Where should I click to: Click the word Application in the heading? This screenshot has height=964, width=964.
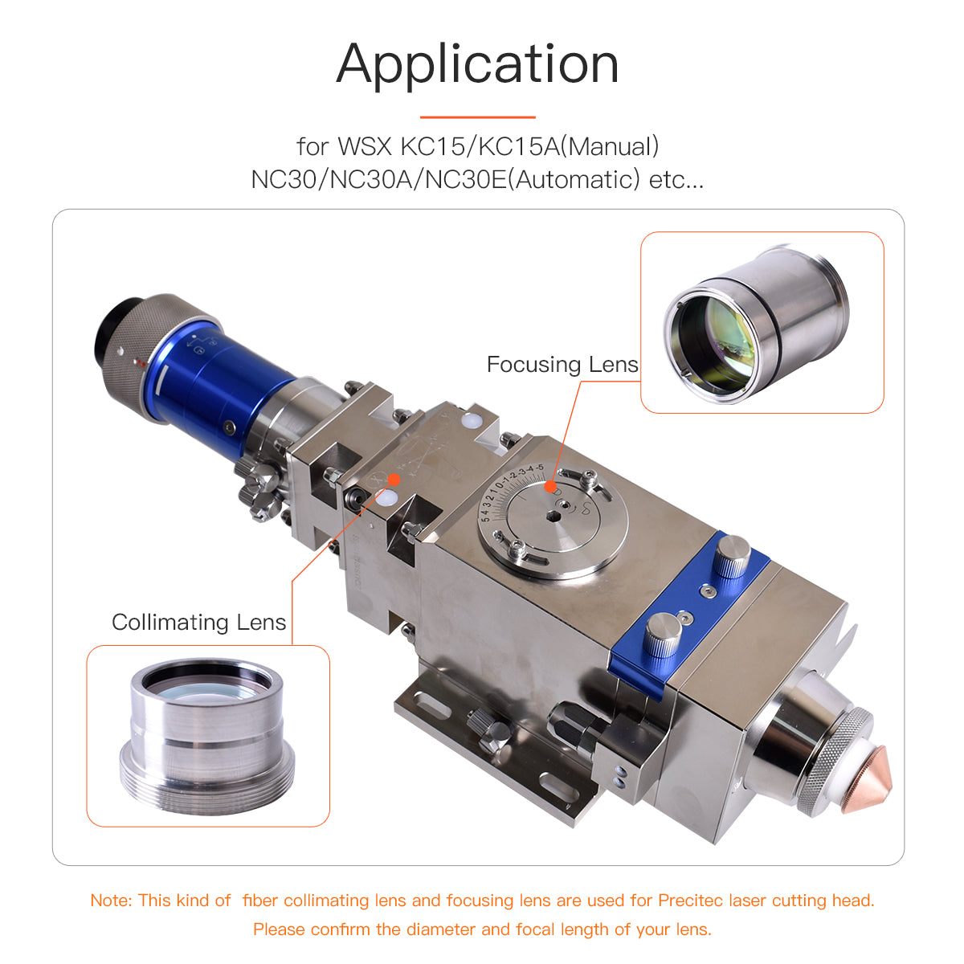click(x=477, y=64)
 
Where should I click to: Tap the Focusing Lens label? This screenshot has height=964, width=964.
click(x=562, y=365)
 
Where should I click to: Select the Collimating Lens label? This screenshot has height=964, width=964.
click(x=198, y=623)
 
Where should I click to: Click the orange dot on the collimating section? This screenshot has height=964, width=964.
click(x=394, y=479)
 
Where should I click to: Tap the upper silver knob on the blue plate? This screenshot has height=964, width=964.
click(x=733, y=556)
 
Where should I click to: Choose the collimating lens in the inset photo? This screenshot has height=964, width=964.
click(x=207, y=735)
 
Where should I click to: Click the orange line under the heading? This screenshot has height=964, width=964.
click(x=477, y=117)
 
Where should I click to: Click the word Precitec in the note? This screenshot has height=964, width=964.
click(x=691, y=901)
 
